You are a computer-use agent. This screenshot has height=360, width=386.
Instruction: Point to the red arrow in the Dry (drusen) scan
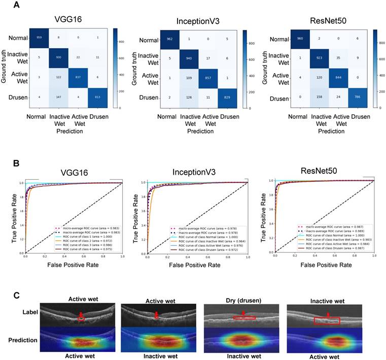243,314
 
